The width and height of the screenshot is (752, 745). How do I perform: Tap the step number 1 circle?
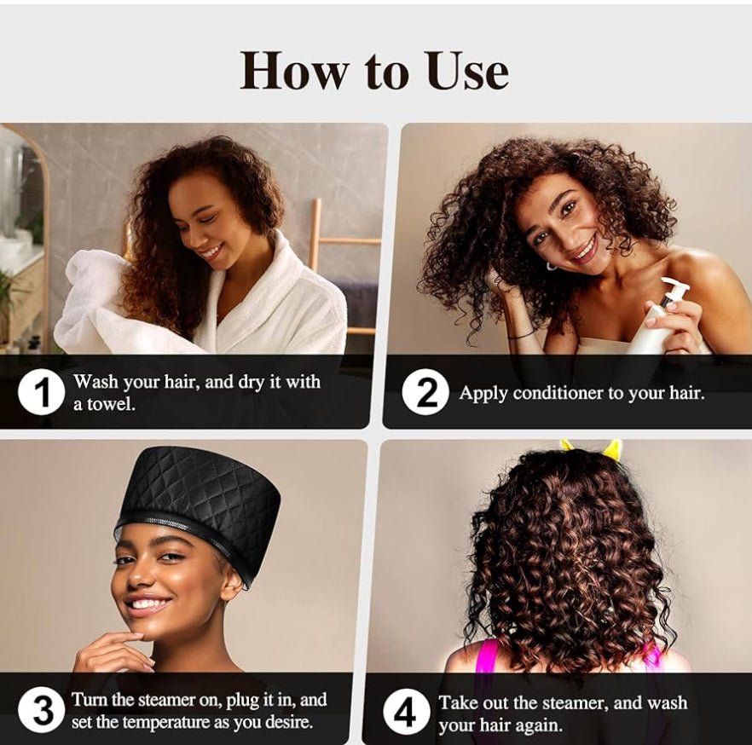click(x=41, y=392)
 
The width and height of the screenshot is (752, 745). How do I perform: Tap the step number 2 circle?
click(x=425, y=393)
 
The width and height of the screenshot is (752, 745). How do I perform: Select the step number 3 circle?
click(x=41, y=709)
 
